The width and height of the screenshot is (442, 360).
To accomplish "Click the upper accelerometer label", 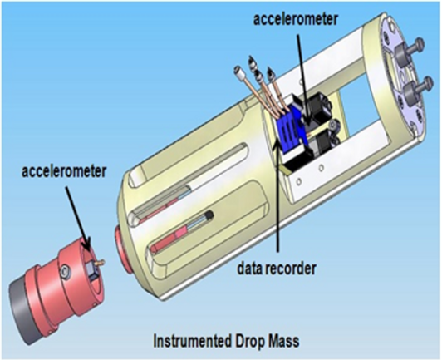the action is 295,19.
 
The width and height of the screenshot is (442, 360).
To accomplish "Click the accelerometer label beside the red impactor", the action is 64,171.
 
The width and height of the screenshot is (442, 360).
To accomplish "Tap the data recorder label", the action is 277,269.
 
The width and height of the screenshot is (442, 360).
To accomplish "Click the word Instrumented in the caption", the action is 191,341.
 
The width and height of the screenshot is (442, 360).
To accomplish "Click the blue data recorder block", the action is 288,128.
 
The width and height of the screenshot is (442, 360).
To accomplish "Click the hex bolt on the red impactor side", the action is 66,272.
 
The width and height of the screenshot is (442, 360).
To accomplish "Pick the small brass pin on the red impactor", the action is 100,263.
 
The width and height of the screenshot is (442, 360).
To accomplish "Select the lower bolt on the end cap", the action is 416,89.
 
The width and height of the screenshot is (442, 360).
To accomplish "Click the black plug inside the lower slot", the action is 209,216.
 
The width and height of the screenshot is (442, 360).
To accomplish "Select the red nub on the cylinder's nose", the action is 123,249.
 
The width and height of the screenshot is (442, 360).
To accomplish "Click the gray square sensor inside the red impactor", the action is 92,269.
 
